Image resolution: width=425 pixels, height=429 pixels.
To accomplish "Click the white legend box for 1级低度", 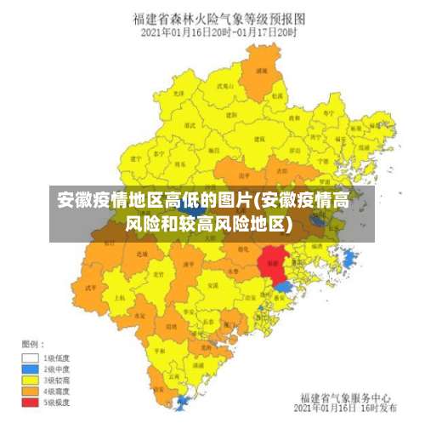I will point(31,358).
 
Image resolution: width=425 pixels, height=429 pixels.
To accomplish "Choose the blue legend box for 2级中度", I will point(31,369).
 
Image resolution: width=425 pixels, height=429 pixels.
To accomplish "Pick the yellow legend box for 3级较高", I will point(31,380).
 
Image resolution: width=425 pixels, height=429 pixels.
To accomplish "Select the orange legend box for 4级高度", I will point(31,391).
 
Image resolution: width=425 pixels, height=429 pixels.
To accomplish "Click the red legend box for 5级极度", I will point(31,402).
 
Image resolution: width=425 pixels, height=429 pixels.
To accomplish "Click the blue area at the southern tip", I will point(183,401).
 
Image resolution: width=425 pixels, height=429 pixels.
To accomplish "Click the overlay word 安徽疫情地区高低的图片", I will point(154,202).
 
